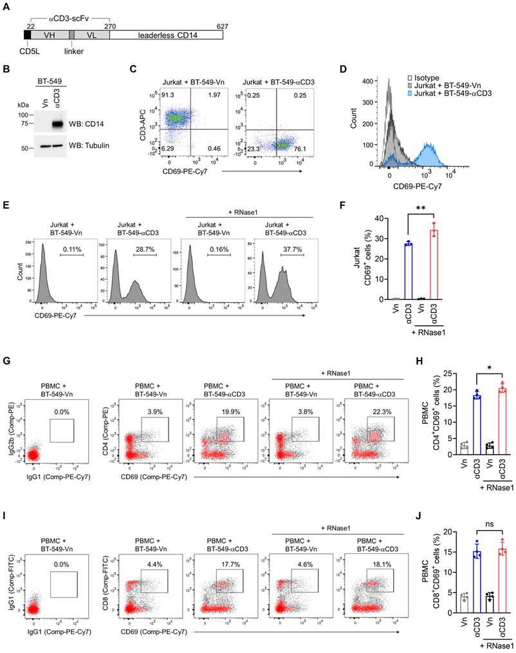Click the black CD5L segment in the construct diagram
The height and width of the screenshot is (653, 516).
(28, 36)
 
